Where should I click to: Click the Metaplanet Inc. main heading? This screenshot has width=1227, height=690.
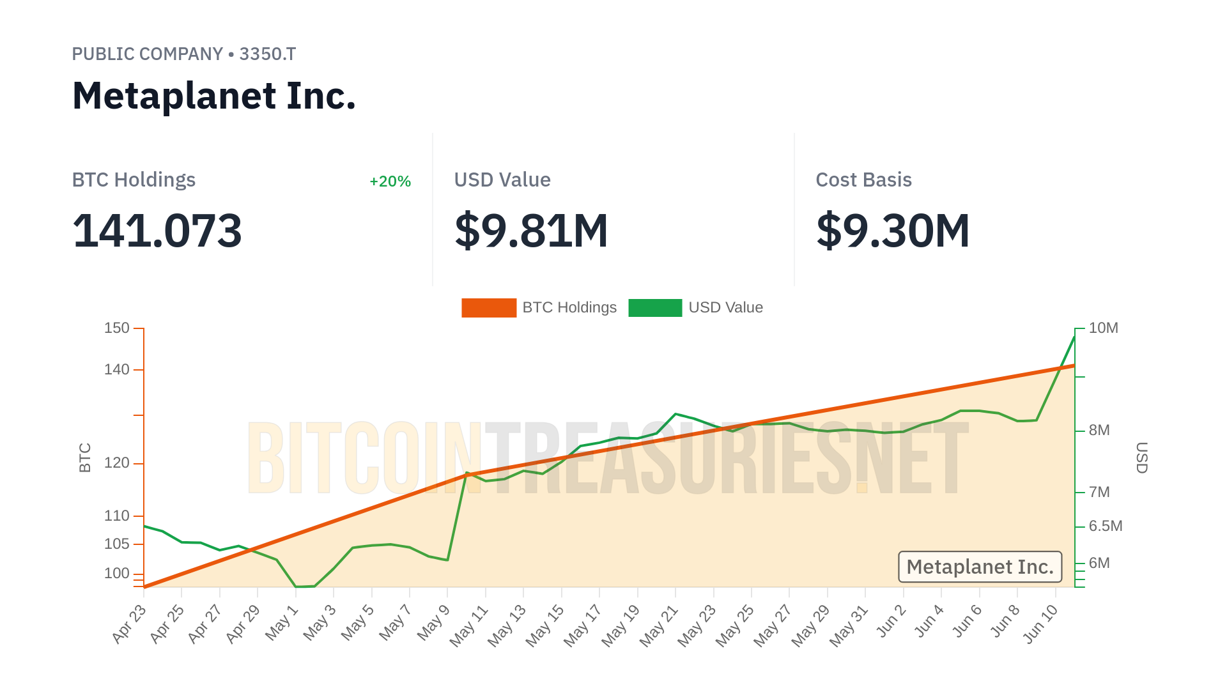(x=213, y=96)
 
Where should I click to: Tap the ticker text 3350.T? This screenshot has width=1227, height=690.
(x=267, y=54)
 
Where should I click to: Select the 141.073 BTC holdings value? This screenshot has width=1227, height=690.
(x=157, y=231)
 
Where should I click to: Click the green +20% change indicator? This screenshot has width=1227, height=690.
(x=390, y=181)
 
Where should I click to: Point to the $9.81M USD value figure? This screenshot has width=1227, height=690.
(x=531, y=231)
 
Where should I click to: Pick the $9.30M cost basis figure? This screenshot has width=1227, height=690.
(x=893, y=231)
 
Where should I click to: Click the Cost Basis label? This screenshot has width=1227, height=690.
(x=863, y=180)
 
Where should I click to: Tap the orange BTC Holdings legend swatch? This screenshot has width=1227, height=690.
(x=489, y=308)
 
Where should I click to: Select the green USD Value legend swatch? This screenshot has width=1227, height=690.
(x=655, y=308)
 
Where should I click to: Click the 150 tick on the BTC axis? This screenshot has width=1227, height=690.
(x=117, y=328)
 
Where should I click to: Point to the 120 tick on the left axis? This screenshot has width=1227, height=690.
(x=117, y=463)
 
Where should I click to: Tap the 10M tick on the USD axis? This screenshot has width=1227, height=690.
(x=1103, y=328)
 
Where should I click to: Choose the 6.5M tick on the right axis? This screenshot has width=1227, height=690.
(x=1106, y=526)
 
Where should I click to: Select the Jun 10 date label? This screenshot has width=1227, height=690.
(x=1041, y=624)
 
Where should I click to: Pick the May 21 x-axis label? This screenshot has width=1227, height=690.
(x=660, y=626)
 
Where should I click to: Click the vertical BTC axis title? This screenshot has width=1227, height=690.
(x=85, y=457)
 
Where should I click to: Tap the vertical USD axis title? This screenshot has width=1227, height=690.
(x=1142, y=457)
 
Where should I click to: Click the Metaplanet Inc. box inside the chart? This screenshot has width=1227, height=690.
(x=980, y=567)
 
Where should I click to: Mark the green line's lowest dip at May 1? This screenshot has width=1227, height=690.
(x=297, y=586)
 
